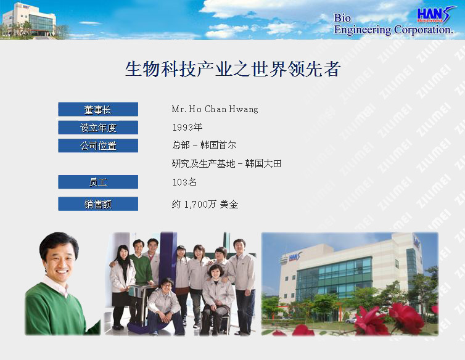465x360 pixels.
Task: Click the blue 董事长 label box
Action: coord(98,109)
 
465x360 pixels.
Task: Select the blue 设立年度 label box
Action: coord(98,128)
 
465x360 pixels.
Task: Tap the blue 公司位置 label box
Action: coord(98,145)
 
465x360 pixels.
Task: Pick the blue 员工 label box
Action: coord(98,182)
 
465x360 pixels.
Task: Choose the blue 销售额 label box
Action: coord(98,203)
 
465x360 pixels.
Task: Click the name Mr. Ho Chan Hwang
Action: coord(215,109)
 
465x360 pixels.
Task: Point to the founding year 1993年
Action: coord(187,127)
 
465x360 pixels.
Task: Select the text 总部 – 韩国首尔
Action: coord(204,145)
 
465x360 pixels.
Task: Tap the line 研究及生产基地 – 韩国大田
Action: coord(226,163)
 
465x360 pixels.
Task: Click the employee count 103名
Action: coord(184,182)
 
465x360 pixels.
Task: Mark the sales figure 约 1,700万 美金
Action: coord(205,204)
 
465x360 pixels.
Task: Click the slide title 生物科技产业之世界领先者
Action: coord(232,69)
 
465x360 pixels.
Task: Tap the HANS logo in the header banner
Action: coord(435,15)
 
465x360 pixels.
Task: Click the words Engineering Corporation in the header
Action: coord(393,30)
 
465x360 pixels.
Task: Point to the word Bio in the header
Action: coord(342,18)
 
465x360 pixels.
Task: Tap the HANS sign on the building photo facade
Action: coord(295,257)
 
